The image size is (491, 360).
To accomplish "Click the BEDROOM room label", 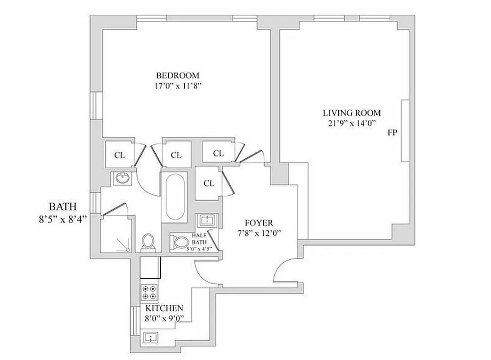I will [x=177, y=75].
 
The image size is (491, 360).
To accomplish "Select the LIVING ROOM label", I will [x=352, y=113].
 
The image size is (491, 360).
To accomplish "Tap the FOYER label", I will [x=259, y=223].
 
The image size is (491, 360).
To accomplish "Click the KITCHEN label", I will [x=164, y=308].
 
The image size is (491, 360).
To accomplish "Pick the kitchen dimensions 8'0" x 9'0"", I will [x=164, y=318].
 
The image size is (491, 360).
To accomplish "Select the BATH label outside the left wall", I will [x=62, y=207].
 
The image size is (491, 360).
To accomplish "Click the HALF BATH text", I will [x=199, y=239].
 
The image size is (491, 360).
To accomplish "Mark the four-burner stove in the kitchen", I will [x=149, y=293].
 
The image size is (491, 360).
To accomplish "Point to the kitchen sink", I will [x=149, y=337].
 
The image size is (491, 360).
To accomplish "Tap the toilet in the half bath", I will [x=180, y=243].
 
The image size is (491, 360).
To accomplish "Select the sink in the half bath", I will [x=207, y=220].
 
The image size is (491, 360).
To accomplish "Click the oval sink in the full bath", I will [x=121, y=178].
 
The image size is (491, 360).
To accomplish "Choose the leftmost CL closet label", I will [x=119, y=155].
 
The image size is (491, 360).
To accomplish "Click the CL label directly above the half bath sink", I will [x=209, y=184].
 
